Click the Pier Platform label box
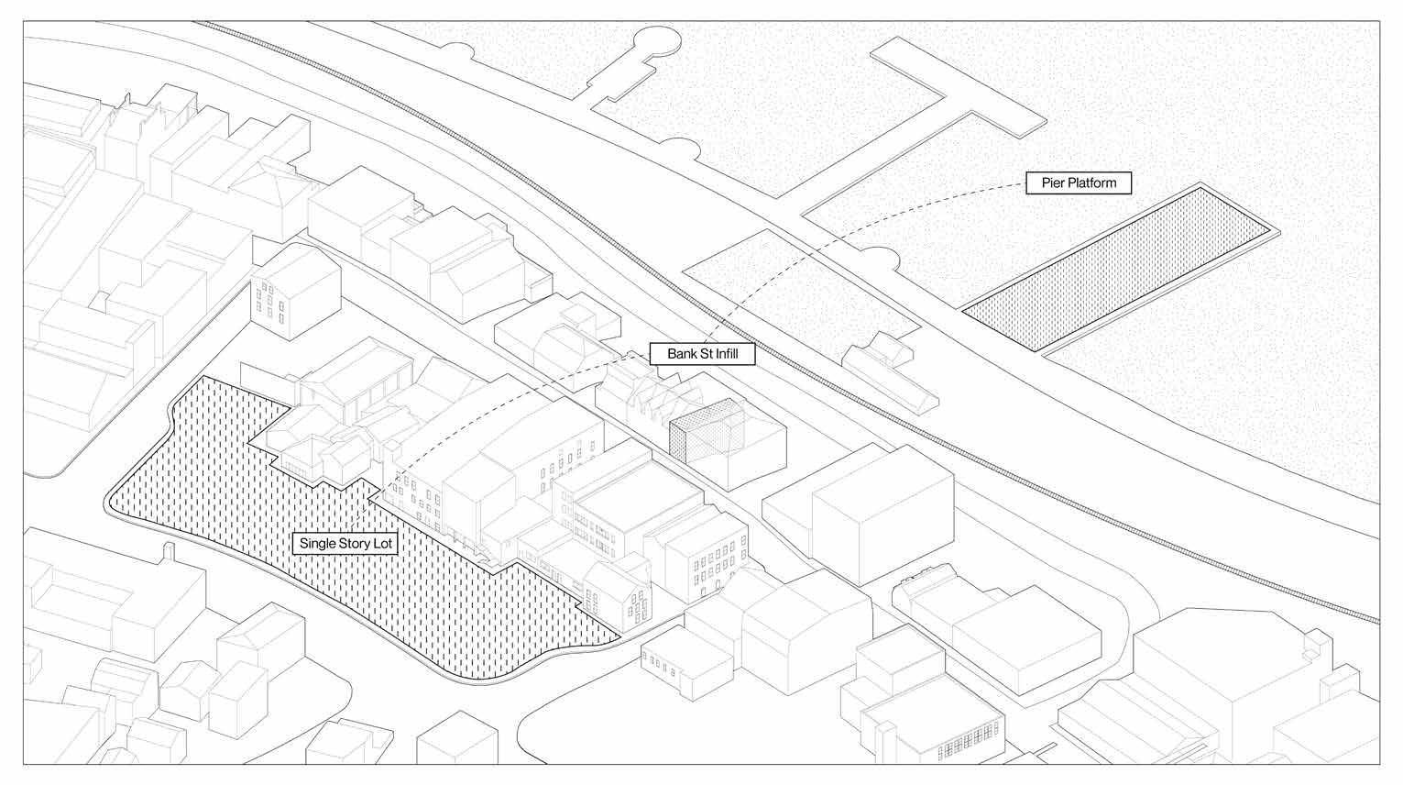(x=1079, y=182)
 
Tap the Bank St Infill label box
(x=703, y=354)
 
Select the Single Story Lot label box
(x=345, y=543)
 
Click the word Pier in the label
(x=1054, y=182)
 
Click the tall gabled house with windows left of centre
(x=286, y=293)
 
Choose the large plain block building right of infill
(x=880, y=514)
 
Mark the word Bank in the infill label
(x=682, y=354)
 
